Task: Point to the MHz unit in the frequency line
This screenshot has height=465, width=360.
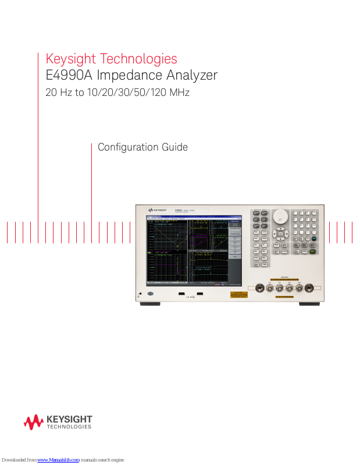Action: click(x=179, y=92)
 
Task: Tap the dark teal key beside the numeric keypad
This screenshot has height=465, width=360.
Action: click(x=314, y=239)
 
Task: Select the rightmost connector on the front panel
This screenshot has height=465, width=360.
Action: click(x=309, y=287)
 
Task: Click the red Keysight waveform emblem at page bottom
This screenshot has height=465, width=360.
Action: click(x=34, y=422)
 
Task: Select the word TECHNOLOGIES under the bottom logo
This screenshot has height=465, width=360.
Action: click(x=69, y=427)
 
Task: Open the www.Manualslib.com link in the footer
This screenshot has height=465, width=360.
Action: click(x=58, y=460)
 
